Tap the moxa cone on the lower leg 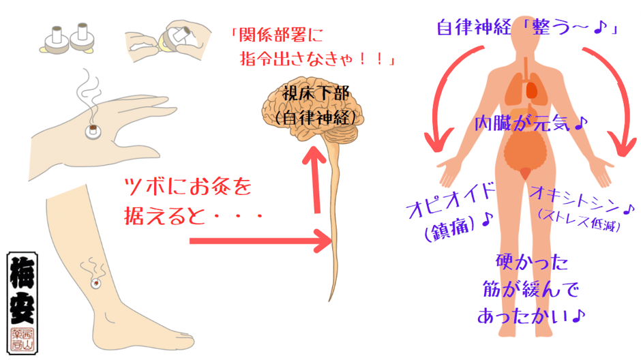(x=95, y=283)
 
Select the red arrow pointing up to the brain (x=315, y=179)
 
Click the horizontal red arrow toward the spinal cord (x=260, y=241)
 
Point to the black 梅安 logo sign (x=23, y=303)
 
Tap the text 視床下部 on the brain (x=316, y=94)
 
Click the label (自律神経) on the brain (x=316, y=118)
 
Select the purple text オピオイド (x=450, y=201)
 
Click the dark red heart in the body (x=531, y=90)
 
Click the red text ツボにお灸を (x=188, y=187)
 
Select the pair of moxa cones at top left (x=68, y=40)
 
